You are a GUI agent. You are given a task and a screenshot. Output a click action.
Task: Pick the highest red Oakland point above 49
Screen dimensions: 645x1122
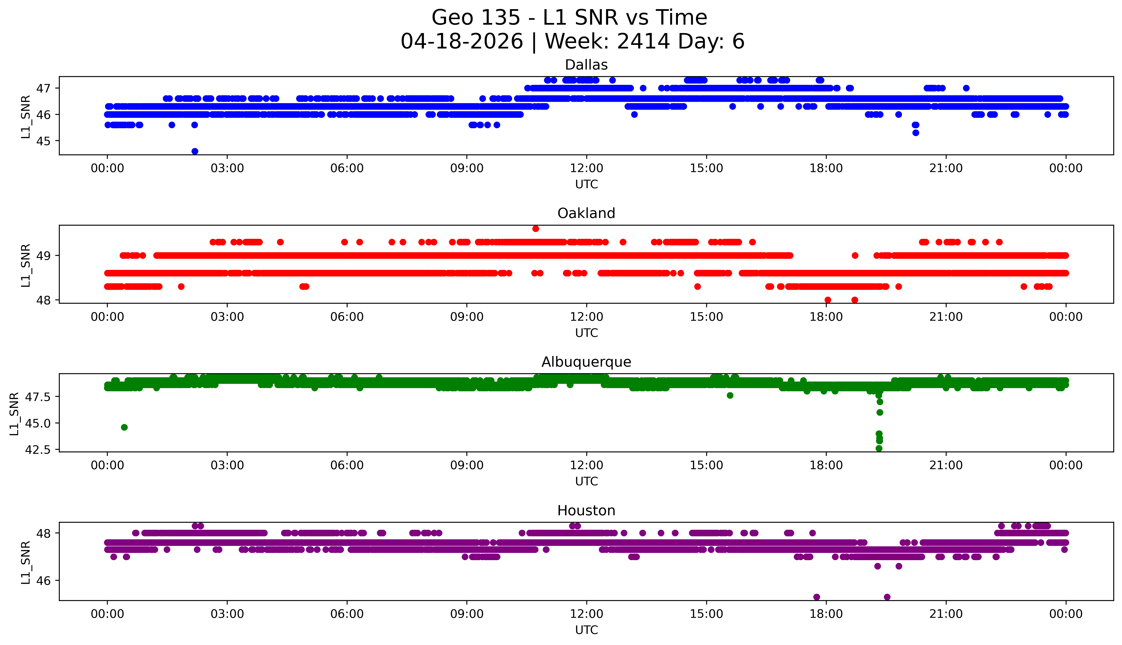pos(536,229)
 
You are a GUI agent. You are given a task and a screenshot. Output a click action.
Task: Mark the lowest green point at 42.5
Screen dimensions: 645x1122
pos(879,448)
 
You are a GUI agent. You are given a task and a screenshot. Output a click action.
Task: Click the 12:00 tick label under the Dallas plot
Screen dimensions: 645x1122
pos(586,168)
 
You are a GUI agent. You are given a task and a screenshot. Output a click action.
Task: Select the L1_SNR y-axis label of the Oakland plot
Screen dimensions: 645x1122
pos(26,265)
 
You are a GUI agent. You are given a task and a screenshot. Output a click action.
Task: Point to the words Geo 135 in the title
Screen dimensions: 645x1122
pos(476,18)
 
